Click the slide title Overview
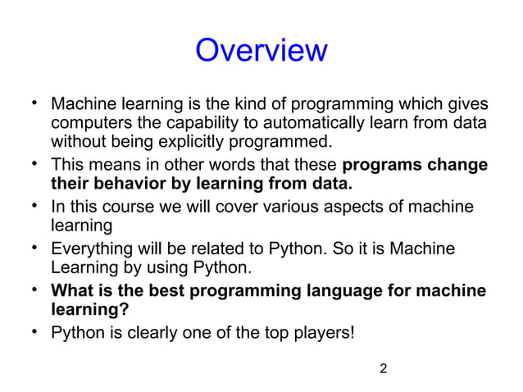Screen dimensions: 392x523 pyautogui.click(x=261, y=52)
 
